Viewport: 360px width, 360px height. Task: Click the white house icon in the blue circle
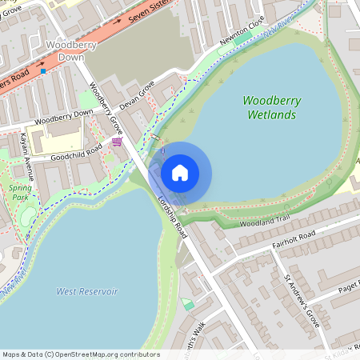[x=180, y=173]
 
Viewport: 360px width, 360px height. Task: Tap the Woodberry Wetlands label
[x=270, y=108]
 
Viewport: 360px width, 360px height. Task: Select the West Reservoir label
[x=86, y=291]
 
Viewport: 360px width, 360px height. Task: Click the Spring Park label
[x=21, y=192]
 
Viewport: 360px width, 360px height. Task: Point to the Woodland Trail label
[x=264, y=221]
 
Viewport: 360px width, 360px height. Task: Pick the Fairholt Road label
[x=294, y=238]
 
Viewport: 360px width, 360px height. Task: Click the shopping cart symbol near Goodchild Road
[x=118, y=142]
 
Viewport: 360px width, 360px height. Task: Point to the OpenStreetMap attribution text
[x=80, y=354]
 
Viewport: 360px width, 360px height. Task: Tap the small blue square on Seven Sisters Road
[x=43, y=70]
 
